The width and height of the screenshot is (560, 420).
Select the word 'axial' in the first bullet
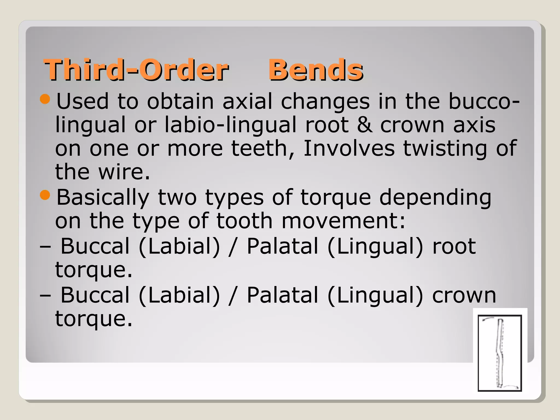pyautogui.click(x=247, y=101)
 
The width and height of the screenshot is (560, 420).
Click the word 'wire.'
pyautogui.click(x=124, y=172)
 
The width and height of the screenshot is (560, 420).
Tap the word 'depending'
pyautogui.click(x=435, y=198)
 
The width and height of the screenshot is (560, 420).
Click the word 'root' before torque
pyautogui.click(x=454, y=246)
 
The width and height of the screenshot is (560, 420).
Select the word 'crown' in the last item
pyautogui.click(x=464, y=295)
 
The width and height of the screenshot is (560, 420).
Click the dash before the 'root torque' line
pyautogui.click(x=45, y=246)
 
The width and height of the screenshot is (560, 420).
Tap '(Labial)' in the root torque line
pyautogui.click(x=179, y=246)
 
